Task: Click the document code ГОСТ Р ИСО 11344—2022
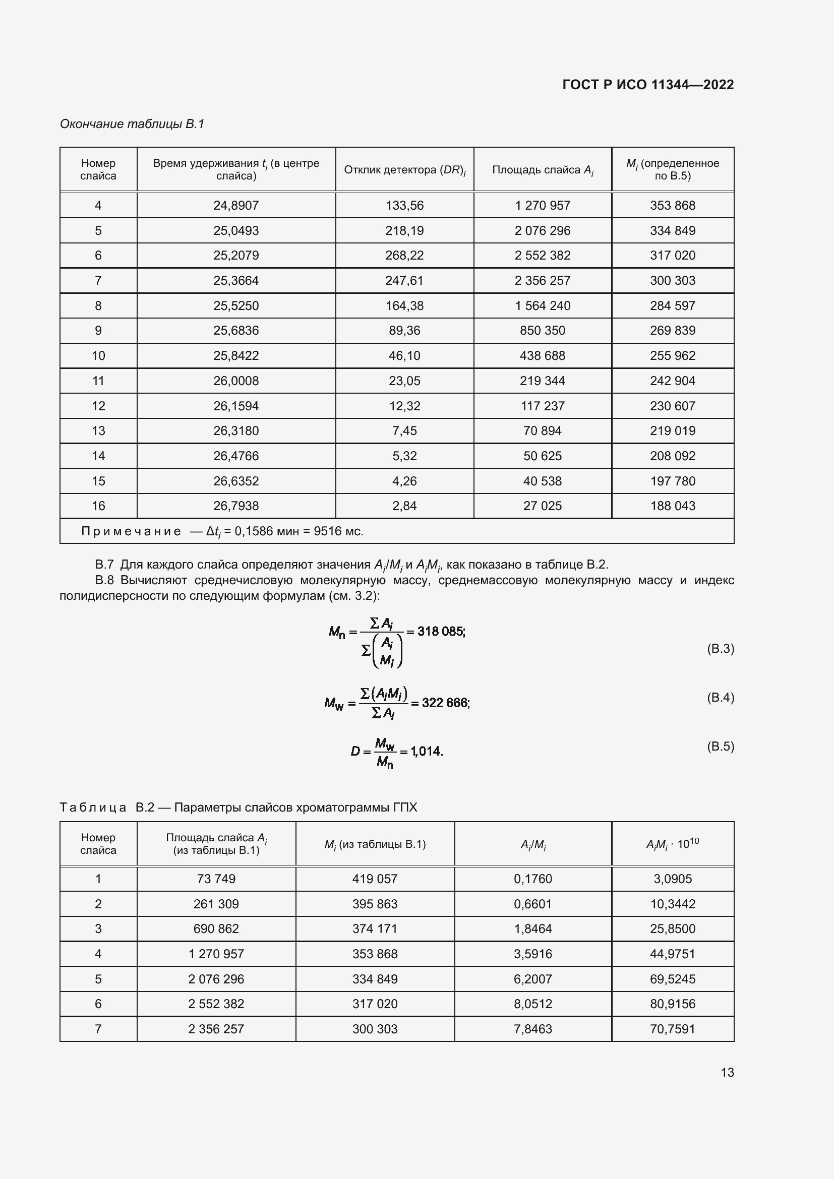647,85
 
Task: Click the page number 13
727,1072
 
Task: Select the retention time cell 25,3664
235,281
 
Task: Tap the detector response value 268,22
404,256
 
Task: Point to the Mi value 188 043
672,506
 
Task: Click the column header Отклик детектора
404,170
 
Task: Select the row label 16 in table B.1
98,506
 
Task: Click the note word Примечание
131,531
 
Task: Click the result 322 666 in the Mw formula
445,703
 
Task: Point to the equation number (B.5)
720,746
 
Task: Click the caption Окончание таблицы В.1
132,124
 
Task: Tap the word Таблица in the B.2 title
93,807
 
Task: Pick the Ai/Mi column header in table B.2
532,845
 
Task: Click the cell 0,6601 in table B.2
532,904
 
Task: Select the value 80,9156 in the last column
672,1004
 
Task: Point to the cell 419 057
374,879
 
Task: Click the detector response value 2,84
404,506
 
